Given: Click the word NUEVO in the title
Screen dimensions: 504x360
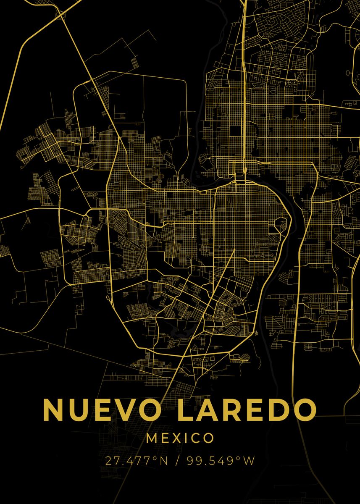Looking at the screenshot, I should pos(98,409).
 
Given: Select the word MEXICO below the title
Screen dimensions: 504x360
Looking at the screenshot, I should pos(180,438).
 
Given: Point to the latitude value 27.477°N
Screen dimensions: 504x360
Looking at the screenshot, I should pos(137,461).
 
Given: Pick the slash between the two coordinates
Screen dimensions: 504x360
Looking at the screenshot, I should pos(180,461).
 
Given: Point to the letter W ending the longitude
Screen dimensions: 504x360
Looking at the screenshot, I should pos(249,461).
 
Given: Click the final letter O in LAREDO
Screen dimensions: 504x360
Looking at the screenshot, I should pos(303,409).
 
